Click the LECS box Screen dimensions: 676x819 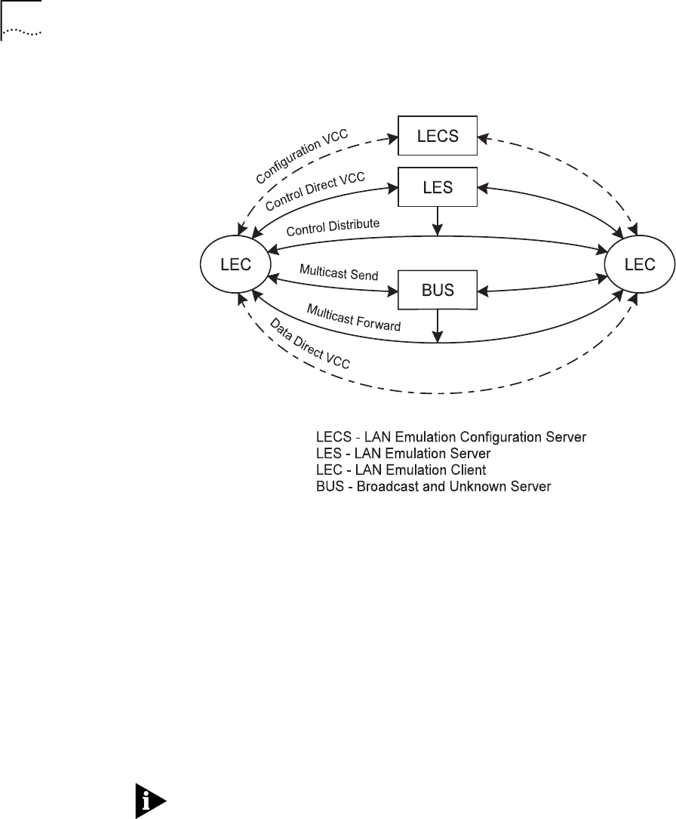pyautogui.click(x=438, y=137)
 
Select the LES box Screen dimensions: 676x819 pyautogui.click(x=438, y=186)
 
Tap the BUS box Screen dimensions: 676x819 pyautogui.click(x=438, y=289)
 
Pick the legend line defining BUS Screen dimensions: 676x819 pyautogui.click(x=433, y=486)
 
